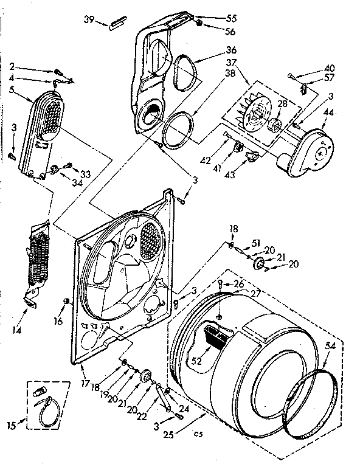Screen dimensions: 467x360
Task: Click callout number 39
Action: pos(89,21)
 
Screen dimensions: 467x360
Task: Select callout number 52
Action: pos(196,360)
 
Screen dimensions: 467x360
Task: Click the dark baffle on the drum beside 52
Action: pos(218,335)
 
